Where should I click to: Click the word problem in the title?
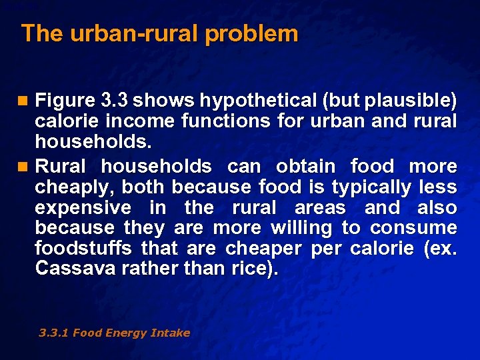251,34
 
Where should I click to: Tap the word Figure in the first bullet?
64,101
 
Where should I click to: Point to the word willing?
301,228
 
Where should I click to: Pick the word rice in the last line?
243,269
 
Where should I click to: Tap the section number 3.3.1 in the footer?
54,333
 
